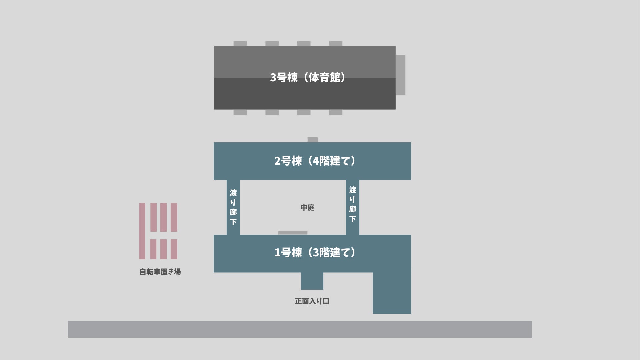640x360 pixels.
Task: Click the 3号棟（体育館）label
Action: tap(307, 77)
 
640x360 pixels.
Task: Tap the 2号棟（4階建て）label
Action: tap(315, 161)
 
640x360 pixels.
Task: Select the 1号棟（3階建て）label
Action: tap(315, 253)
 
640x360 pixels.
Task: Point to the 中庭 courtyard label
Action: tap(307, 208)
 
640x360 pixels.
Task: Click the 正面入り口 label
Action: tap(312, 301)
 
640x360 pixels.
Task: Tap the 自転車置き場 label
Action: tap(160, 272)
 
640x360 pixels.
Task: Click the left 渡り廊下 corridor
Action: tap(233, 207)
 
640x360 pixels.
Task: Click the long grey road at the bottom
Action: tap(300, 329)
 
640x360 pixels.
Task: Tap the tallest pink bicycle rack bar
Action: tap(142, 231)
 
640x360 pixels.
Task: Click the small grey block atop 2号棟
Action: tap(312, 140)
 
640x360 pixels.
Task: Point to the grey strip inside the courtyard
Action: tap(293, 233)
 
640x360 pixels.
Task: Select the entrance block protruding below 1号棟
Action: tap(312, 281)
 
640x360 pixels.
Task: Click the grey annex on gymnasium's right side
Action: tap(400, 75)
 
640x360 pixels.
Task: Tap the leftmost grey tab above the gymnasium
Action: tap(240, 44)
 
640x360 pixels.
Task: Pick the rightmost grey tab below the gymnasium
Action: tap(336, 112)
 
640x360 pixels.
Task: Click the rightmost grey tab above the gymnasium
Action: tap(336, 44)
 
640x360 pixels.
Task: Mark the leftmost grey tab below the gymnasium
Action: tap(240, 112)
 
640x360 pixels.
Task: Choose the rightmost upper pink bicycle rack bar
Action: tap(174, 217)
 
